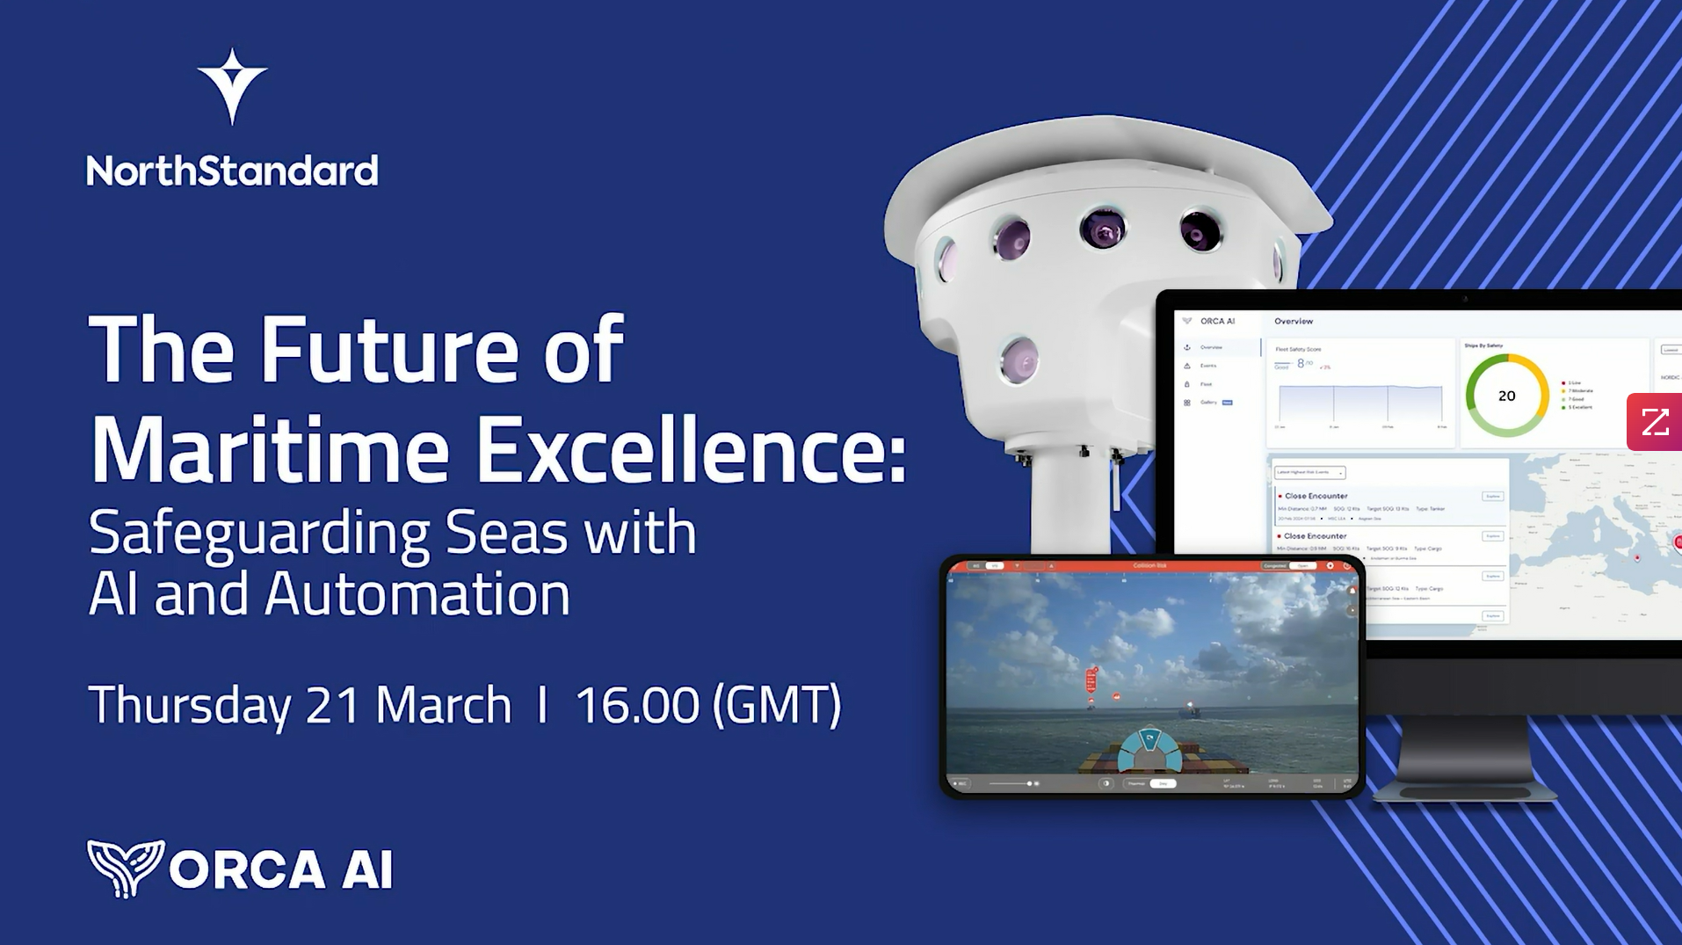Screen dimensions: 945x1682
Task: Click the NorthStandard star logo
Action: click(232, 86)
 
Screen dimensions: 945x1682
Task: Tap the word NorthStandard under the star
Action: click(232, 171)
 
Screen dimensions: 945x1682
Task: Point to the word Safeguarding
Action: click(259, 534)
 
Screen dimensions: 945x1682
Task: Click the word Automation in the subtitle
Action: click(417, 594)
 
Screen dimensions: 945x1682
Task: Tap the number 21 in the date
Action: click(333, 705)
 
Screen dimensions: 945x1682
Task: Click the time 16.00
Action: click(637, 705)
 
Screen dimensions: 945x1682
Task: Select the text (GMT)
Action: click(777, 705)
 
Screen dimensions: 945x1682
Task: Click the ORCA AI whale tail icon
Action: click(126, 868)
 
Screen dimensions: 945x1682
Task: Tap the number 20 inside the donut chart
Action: click(1506, 396)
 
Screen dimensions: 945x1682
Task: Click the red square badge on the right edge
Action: click(1654, 422)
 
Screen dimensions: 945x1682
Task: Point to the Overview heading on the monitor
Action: click(1294, 322)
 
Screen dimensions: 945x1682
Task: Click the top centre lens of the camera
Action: click(1102, 230)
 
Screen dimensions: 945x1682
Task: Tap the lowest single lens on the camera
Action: click(1019, 360)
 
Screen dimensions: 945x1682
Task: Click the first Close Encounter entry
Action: click(1316, 496)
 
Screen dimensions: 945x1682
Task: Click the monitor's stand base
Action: click(1464, 791)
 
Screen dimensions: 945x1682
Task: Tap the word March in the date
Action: click(444, 705)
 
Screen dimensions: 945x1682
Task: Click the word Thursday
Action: click(190, 705)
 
